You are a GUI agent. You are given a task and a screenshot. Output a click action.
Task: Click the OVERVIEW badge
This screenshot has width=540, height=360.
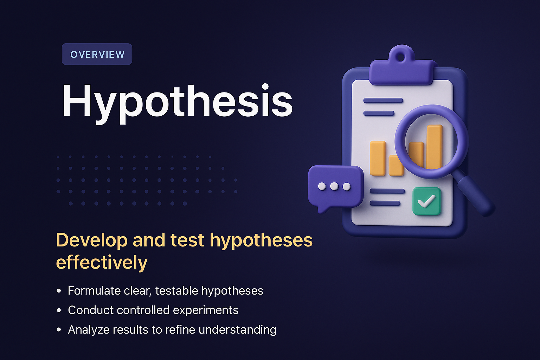[x=97, y=54]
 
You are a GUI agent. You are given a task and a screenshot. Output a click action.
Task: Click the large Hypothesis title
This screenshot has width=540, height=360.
[x=177, y=101]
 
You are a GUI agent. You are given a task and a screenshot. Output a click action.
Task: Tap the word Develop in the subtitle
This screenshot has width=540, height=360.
[x=91, y=240]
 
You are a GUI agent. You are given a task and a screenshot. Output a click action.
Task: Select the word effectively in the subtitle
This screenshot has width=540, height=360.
[x=102, y=262]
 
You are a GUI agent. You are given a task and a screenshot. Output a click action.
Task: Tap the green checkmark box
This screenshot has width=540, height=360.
[x=426, y=201]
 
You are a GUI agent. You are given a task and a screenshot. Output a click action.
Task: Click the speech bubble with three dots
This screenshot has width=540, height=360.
[x=335, y=186]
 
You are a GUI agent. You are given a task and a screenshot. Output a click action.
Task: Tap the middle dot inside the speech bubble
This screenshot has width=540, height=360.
[x=334, y=186]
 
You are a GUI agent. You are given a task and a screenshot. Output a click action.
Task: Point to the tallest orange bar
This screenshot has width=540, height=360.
[x=435, y=146]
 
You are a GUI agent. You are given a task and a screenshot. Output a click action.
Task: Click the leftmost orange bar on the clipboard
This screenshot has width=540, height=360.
[x=378, y=158]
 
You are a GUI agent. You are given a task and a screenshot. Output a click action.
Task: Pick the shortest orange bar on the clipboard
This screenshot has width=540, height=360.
[x=396, y=166]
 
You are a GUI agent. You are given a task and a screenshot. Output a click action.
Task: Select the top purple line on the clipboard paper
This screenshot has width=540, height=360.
[x=383, y=101]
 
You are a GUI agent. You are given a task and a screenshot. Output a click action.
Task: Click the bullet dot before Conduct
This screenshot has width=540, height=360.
[x=59, y=310]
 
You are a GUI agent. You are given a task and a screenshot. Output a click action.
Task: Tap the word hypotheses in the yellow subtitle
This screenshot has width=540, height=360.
[x=261, y=240]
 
